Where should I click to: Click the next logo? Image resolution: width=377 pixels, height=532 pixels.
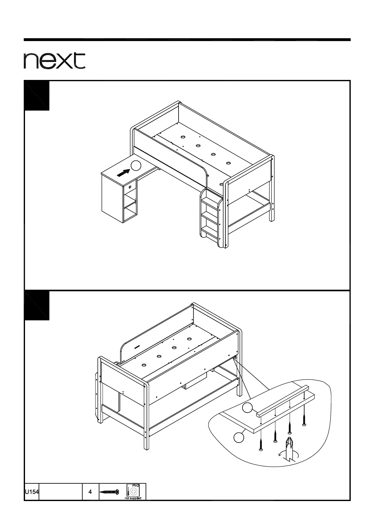pyautogui.click(x=54, y=61)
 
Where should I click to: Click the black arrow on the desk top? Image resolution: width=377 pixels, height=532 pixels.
pyautogui.click(x=123, y=172)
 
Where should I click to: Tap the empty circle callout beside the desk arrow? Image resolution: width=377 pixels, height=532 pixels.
pyautogui.click(x=136, y=165)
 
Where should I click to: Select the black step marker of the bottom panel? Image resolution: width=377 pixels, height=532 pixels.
pyautogui.click(x=37, y=305)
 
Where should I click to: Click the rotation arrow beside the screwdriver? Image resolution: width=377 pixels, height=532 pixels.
pyautogui.click(x=280, y=454)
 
